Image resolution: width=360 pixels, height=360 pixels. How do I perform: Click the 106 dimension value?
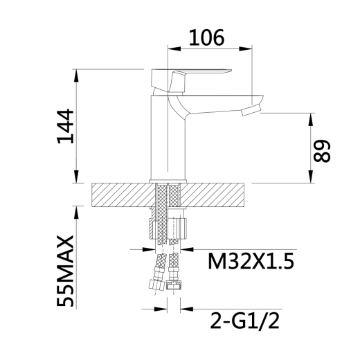click(x=206, y=37)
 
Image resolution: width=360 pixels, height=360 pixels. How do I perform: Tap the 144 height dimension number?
click(x=66, y=126)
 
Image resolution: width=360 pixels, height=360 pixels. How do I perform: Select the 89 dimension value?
click(x=322, y=151)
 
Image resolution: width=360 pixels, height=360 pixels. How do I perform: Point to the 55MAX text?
click(x=66, y=271)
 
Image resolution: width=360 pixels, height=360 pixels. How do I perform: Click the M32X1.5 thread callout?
click(x=251, y=261)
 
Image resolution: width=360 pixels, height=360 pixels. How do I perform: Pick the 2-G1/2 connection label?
click(x=245, y=321)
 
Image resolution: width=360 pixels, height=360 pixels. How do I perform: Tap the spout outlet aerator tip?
click(x=251, y=109)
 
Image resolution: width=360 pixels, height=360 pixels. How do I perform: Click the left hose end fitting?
click(x=156, y=284)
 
